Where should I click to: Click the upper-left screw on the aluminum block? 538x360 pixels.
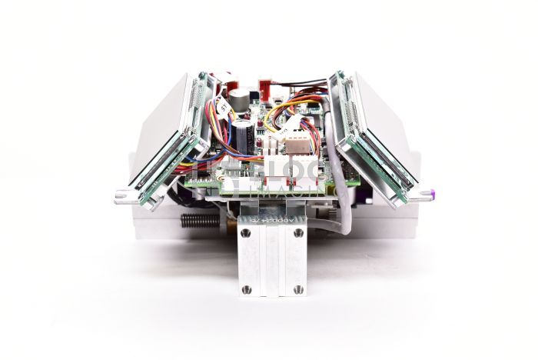[246, 233]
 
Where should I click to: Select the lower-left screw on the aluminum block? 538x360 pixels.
[246, 289]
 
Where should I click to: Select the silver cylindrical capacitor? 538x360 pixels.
[241, 98]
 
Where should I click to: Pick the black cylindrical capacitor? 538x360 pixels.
[244, 135]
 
